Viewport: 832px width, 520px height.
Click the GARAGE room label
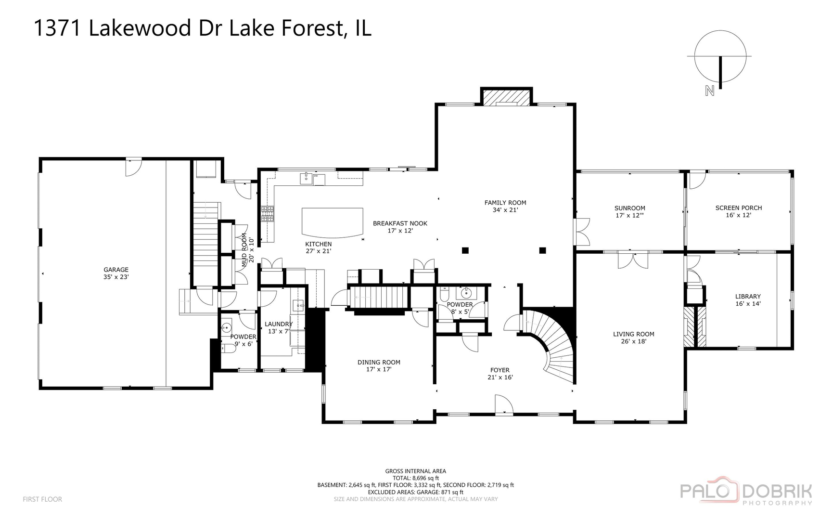point(116,270)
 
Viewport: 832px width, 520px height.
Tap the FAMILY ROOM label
point(505,203)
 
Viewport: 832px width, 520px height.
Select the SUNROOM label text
point(630,208)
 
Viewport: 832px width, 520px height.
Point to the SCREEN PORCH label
point(739,208)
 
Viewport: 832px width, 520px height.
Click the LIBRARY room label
point(748,297)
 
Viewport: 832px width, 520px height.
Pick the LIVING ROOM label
point(634,334)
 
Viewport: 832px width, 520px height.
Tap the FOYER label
point(500,370)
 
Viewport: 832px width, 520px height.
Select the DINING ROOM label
point(379,363)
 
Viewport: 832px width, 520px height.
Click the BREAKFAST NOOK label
point(400,223)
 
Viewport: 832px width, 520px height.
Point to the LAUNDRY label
point(279,324)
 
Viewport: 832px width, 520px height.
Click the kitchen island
point(333,222)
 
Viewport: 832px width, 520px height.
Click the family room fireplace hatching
point(506,98)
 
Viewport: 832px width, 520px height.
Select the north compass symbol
point(720,63)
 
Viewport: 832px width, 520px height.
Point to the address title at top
point(203,28)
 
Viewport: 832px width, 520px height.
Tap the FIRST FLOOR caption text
point(42,499)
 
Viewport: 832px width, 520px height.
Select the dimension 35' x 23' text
point(116,277)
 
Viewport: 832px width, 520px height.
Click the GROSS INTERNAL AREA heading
point(415,471)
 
